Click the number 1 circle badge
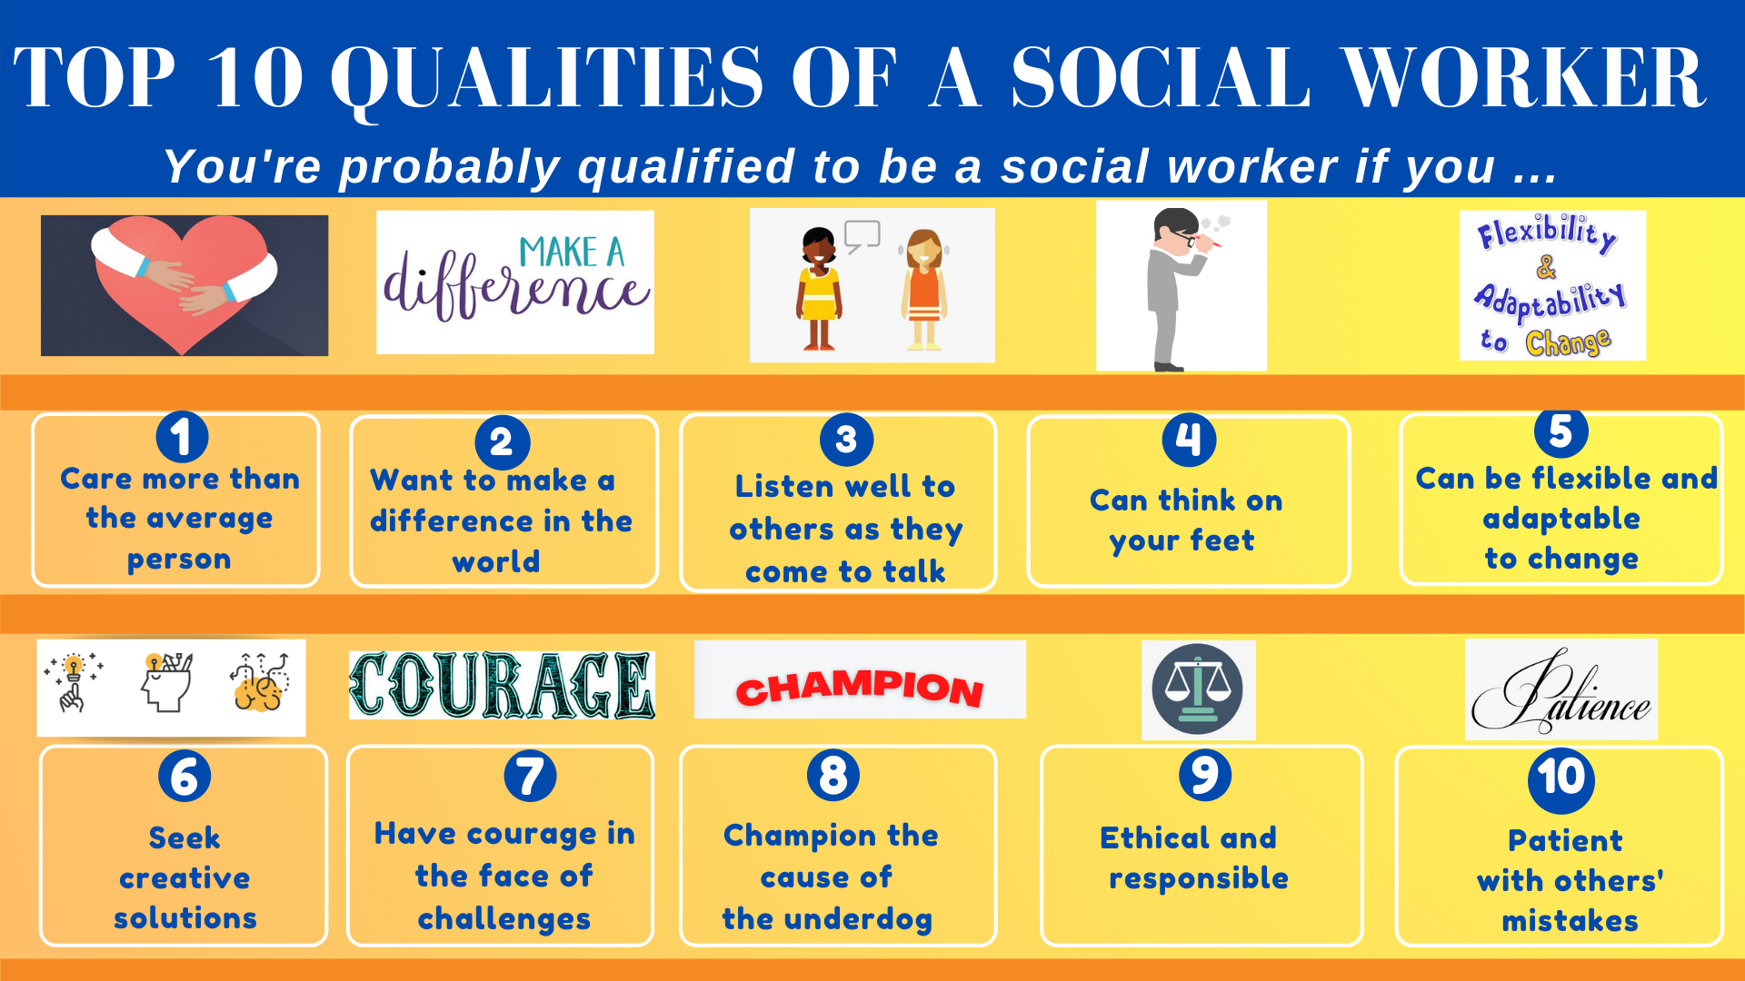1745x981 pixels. [x=182, y=437]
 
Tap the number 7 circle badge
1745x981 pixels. [x=530, y=776]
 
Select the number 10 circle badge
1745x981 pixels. [x=1561, y=778]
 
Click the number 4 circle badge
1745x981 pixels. [x=1189, y=440]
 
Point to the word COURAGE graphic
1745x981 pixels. [x=502, y=686]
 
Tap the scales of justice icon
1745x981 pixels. [x=1198, y=689]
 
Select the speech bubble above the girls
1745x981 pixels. [x=862, y=235]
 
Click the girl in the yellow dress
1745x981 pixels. [x=819, y=289]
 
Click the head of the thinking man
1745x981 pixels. [x=1178, y=229]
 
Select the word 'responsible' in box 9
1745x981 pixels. [x=1199, y=879]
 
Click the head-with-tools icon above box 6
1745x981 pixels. [x=167, y=683]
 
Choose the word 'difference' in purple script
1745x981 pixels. [x=515, y=289]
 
